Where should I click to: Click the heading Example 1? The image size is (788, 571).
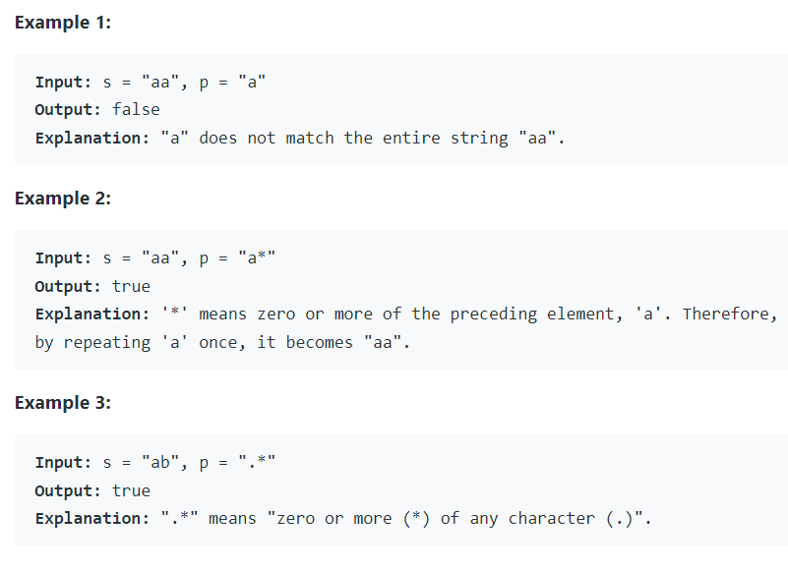(63, 23)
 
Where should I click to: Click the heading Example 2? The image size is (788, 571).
(63, 199)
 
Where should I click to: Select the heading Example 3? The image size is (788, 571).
(63, 403)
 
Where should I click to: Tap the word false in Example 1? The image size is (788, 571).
(136, 109)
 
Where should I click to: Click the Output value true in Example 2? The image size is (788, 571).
(131, 286)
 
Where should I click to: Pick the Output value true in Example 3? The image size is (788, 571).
(131, 490)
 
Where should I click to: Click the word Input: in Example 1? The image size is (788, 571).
(64, 82)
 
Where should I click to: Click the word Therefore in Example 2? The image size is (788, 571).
(730, 314)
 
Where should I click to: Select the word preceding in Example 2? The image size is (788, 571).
(489, 314)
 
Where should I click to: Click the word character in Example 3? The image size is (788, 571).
(552, 519)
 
